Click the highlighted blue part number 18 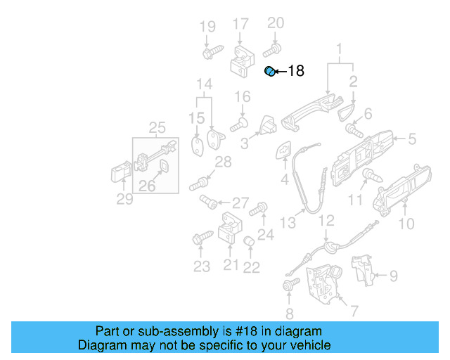coord(269,71)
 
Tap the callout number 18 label coord(296,71)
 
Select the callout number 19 coord(207,27)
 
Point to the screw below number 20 coord(272,50)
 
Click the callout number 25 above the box coord(157,127)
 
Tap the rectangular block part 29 coord(119,173)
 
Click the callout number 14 coord(204,86)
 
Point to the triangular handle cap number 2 coord(347,110)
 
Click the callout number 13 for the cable coord(288,223)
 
